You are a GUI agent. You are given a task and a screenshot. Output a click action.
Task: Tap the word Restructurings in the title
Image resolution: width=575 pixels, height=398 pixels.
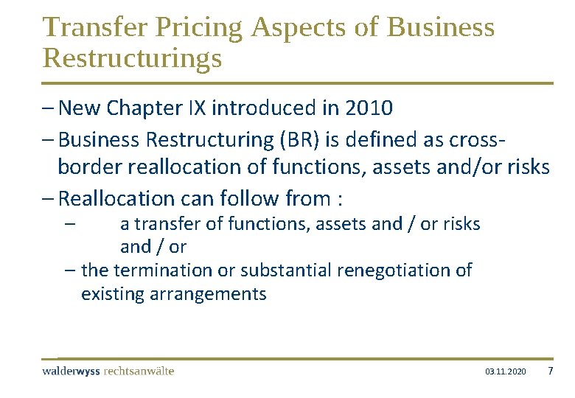pyautogui.click(x=133, y=58)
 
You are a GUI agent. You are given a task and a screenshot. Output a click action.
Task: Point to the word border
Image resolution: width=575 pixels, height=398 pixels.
pyautogui.click(x=90, y=167)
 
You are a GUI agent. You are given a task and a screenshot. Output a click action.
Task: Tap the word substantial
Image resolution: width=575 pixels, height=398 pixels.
pyautogui.click(x=283, y=270)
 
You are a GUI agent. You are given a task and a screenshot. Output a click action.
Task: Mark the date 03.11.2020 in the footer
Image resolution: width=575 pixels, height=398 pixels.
pyautogui.click(x=505, y=371)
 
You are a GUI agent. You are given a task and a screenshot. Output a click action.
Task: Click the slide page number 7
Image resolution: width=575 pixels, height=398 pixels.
pyautogui.click(x=550, y=371)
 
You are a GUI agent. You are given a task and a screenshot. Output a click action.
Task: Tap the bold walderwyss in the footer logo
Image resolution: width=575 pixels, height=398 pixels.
pyautogui.click(x=72, y=371)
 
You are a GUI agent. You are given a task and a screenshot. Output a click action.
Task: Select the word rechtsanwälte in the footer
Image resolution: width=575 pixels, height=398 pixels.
pyautogui.click(x=140, y=371)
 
